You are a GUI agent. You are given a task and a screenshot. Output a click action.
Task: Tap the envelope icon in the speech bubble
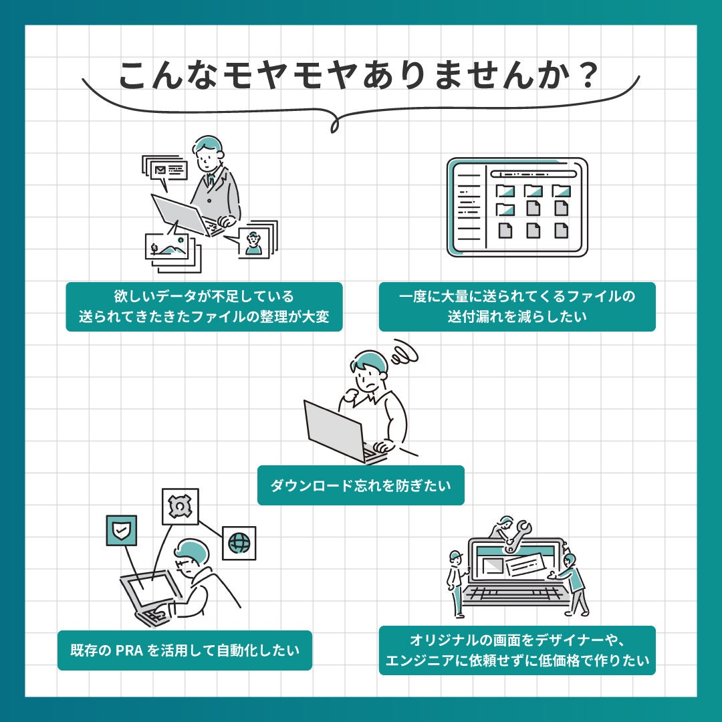pos(160,170)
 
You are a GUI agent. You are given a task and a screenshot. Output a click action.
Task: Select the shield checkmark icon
pos(122,530)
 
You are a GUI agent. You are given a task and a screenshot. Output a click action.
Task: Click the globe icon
pos(239,544)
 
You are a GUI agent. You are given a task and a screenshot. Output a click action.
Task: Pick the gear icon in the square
pos(180,506)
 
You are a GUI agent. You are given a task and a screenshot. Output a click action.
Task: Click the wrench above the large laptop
pos(515,536)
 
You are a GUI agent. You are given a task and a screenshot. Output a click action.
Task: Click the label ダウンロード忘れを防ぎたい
pos(360,485)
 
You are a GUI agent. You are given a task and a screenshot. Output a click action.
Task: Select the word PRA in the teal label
pos(129,650)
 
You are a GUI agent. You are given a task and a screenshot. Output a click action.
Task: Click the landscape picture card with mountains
pos(167,246)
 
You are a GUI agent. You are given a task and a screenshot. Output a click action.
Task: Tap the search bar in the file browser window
pos(533,174)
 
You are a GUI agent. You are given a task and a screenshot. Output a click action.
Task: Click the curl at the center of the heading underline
pos(336,124)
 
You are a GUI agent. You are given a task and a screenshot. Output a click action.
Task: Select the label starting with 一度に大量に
pos(517,307)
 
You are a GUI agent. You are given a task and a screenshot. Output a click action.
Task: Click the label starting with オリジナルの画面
pos(517,650)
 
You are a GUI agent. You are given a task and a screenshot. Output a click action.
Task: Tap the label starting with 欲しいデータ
pos(204,307)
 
